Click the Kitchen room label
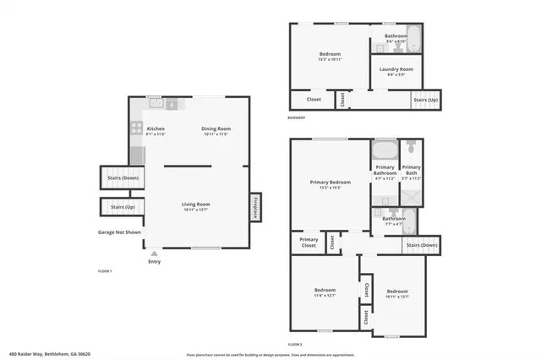[x=155, y=129]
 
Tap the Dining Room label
[x=216, y=129]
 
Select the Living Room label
[x=196, y=205]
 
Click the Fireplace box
[x=254, y=207]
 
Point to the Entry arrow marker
[x=154, y=253]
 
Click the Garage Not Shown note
[x=119, y=232]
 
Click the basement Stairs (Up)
[x=425, y=100]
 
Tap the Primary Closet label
[x=309, y=243]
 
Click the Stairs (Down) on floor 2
[x=422, y=245]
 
